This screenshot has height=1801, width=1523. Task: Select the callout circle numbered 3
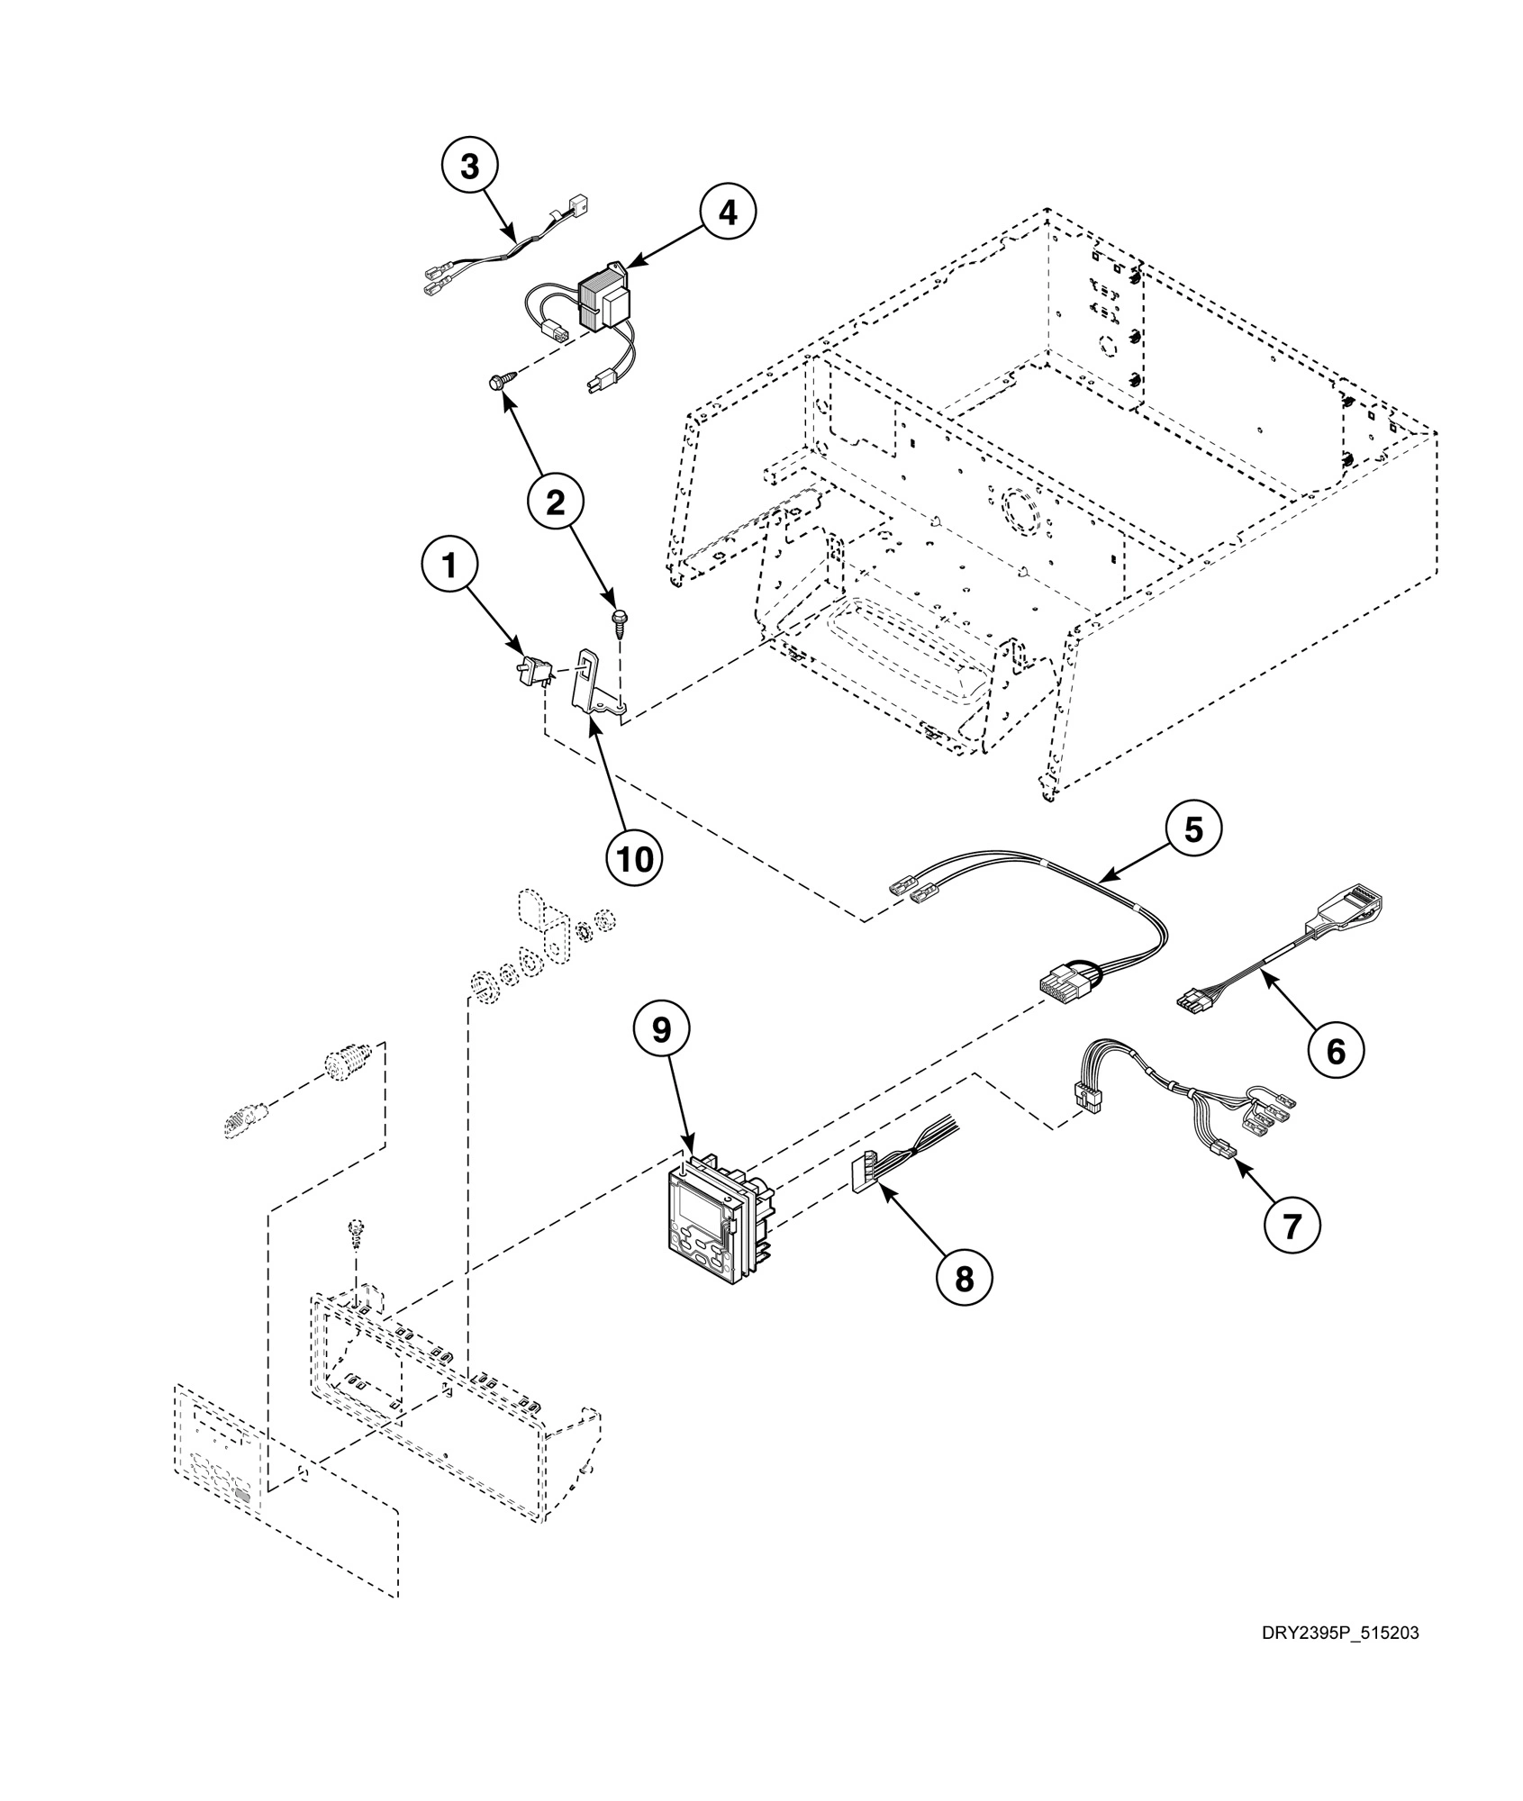(x=470, y=167)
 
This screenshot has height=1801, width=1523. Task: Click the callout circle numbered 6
(x=1336, y=1050)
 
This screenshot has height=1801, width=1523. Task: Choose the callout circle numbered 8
(x=964, y=1277)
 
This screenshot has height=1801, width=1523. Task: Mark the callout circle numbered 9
(x=661, y=1030)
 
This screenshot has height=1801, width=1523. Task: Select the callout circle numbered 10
(x=633, y=858)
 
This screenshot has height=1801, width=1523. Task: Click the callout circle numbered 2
(x=556, y=502)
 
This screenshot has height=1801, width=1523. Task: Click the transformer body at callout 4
(x=604, y=302)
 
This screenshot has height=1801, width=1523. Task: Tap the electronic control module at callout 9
(x=712, y=1218)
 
